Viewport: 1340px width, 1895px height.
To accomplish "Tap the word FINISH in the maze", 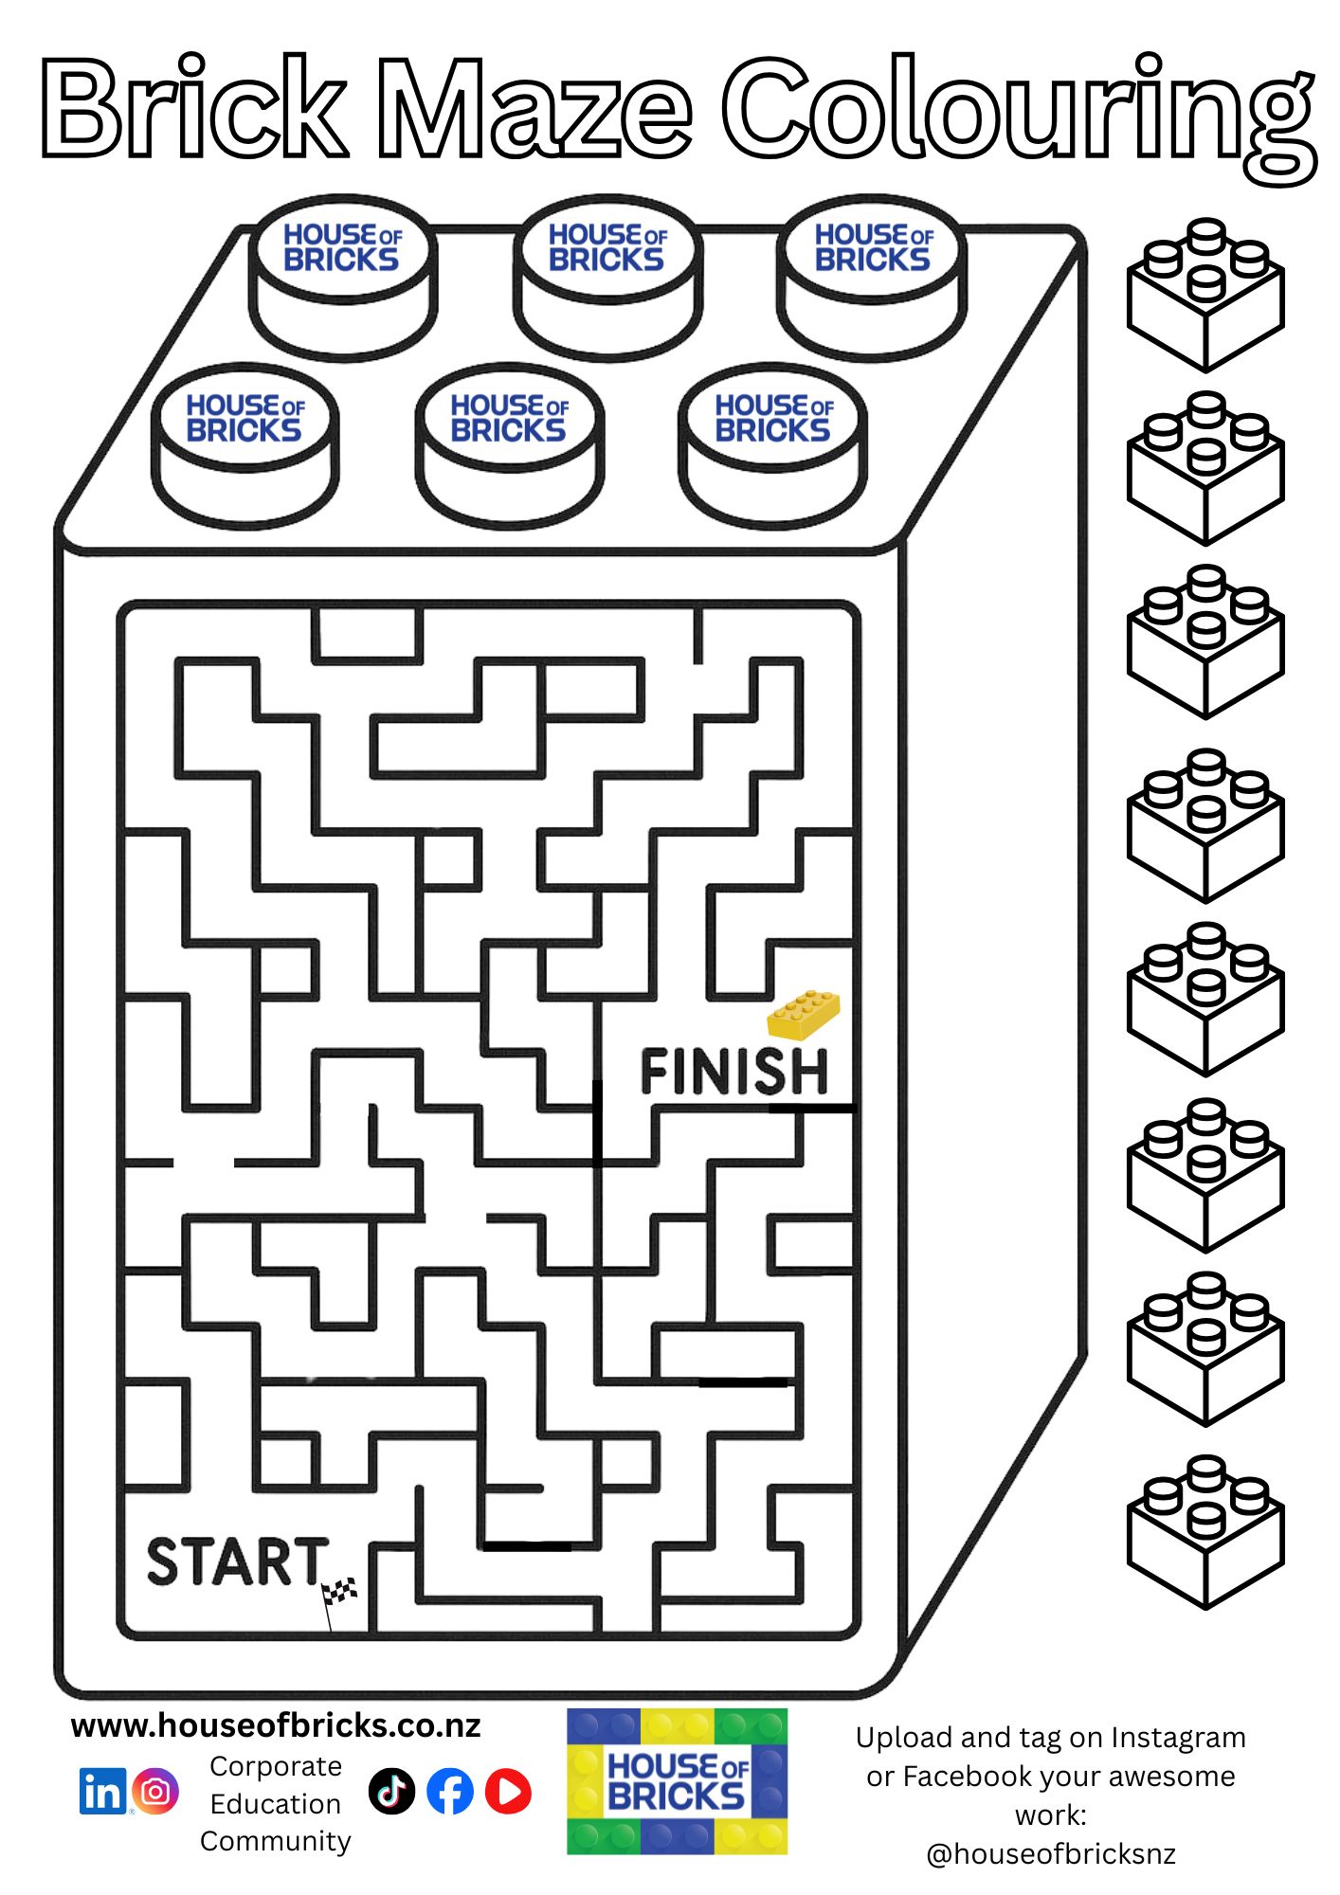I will coord(734,1072).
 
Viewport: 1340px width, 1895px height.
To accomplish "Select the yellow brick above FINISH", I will coord(804,1015).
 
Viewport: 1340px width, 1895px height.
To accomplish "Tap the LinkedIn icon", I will coord(102,1792).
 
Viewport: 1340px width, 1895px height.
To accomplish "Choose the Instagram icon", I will coord(155,1792).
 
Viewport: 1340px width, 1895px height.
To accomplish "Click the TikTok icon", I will coord(392,1791).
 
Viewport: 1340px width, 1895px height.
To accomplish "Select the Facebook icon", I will coord(450,1792).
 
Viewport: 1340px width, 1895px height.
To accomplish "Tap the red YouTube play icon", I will coord(509,1792).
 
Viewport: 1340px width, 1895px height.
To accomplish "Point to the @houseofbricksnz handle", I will coord(1050,1853).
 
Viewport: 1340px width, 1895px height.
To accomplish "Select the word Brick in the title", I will coord(194,109).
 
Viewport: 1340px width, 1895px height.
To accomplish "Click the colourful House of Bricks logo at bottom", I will coord(677,1781).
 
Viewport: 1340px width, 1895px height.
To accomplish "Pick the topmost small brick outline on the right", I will coord(1205,294).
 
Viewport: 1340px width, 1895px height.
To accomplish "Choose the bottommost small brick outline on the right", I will coord(1205,1531).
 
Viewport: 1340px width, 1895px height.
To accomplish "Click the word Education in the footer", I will coord(276,1804).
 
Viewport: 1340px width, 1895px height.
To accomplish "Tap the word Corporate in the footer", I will coord(276,1767).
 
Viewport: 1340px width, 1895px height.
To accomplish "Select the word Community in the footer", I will coord(276,1841).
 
